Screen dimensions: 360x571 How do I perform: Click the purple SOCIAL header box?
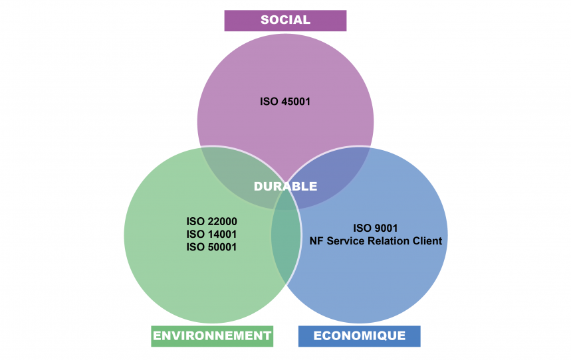tap(285, 20)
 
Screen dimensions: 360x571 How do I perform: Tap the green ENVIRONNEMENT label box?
tap(212, 335)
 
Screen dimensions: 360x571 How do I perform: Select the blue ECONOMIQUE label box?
tap(359, 335)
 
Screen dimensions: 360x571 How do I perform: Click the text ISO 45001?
tap(285, 102)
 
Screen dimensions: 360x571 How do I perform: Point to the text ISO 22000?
tap(212, 221)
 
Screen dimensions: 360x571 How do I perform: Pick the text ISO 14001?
tap(212, 234)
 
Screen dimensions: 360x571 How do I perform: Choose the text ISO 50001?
tap(212, 246)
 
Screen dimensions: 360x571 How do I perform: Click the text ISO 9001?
tap(376, 228)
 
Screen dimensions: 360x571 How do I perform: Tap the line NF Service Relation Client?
tap(376, 240)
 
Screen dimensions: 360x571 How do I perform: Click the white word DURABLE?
tap(285, 187)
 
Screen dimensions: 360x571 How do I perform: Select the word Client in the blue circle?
tap(426, 240)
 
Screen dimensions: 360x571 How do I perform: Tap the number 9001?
tap(386, 228)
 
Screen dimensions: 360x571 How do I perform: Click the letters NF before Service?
tap(316, 240)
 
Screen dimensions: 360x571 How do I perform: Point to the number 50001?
tap(222, 246)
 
